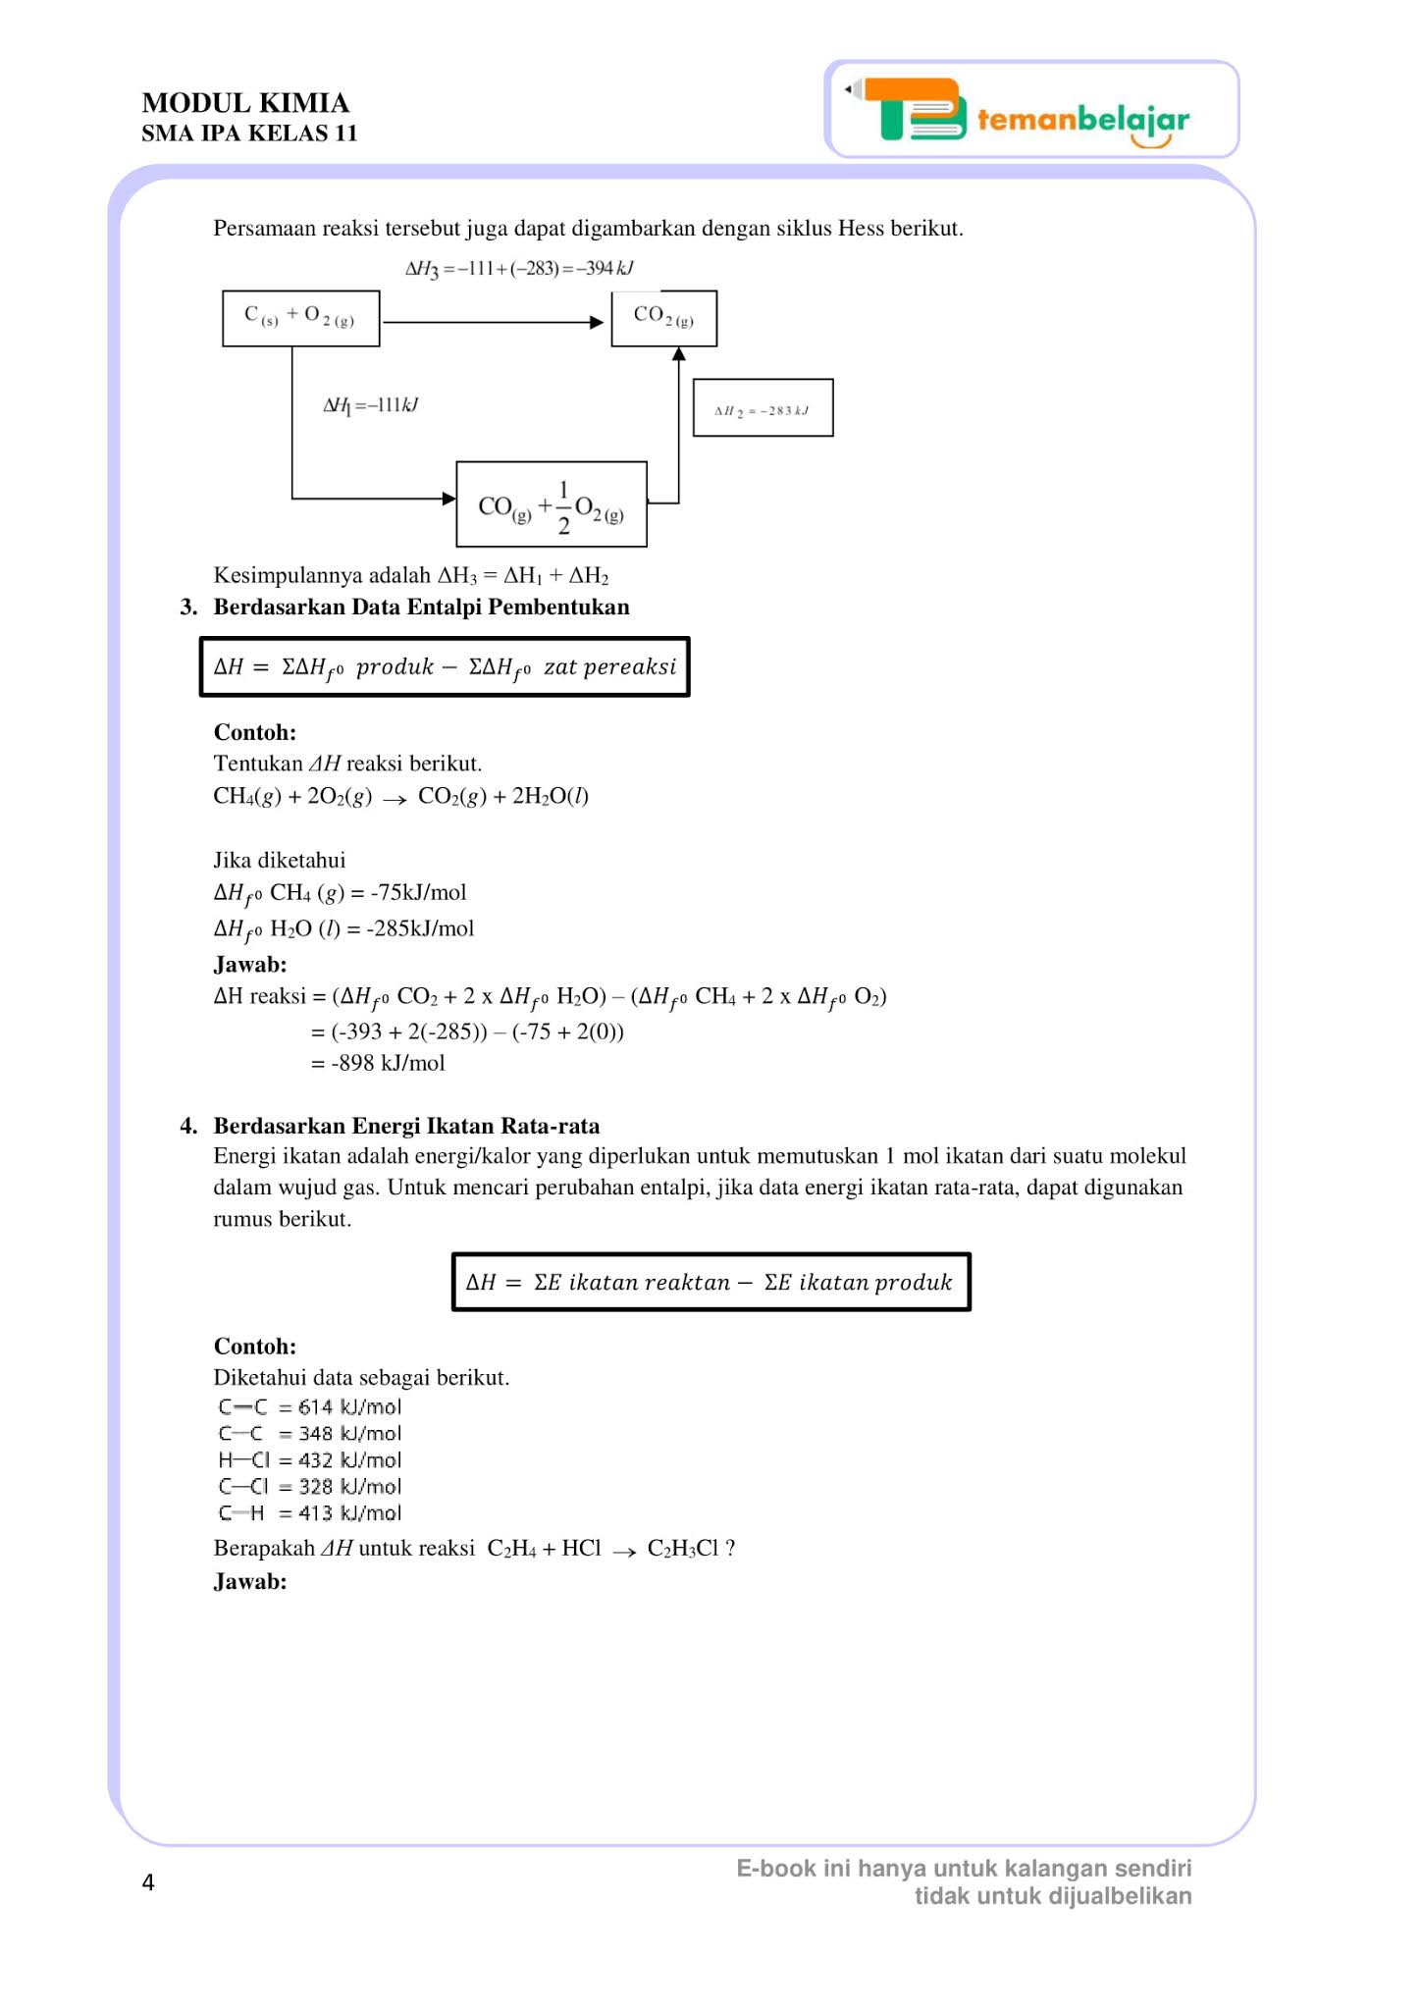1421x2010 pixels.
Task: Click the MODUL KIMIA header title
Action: click(x=245, y=103)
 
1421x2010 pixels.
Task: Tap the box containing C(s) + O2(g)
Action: click(x=300, y=318)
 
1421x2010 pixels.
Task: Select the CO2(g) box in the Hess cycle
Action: click(x=663, y=318)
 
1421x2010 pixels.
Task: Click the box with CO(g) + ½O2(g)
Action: click(x=551, y=504)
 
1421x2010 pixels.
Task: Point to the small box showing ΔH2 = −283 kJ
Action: click(x=763, y=408)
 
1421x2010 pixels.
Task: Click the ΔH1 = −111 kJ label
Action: click(x=371, y=405)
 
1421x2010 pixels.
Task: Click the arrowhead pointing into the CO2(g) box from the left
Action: click(x=596, y=322)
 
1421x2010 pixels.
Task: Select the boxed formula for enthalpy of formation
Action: click(x=445, y=667)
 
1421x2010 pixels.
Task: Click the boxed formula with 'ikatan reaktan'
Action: click(x=710, y=1282)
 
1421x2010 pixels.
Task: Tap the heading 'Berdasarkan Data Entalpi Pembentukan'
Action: click(x=421, y=607)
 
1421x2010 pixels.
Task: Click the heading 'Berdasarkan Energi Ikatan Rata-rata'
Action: click(x=406, y=1126)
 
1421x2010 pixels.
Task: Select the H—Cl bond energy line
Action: click(x=310, y=1460)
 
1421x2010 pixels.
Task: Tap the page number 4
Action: click(x=148, y=1882)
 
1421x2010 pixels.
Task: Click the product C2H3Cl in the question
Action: click(x=683, y=1549)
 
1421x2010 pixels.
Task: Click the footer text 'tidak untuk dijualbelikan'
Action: click(x=1053, y=1896)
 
